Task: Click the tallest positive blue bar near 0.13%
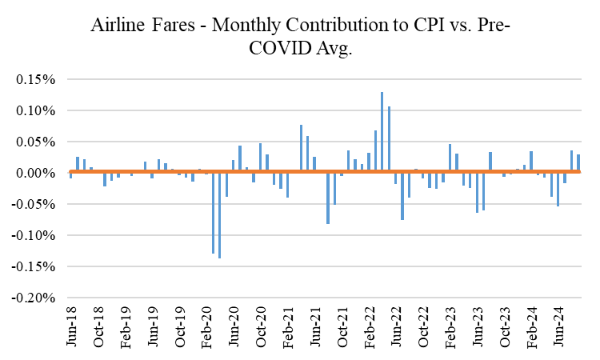coord(382,132)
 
